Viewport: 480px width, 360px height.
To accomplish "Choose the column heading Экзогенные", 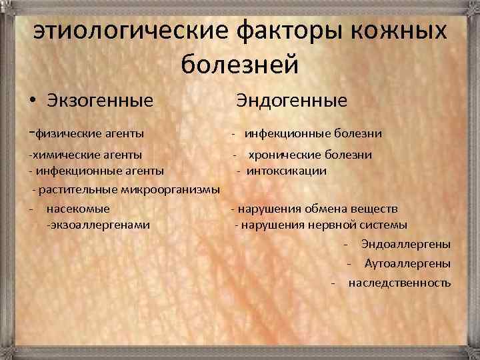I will point(100,101).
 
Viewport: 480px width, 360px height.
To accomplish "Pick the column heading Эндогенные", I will point(291,101).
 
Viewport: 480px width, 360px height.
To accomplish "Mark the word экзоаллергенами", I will point(98,225).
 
